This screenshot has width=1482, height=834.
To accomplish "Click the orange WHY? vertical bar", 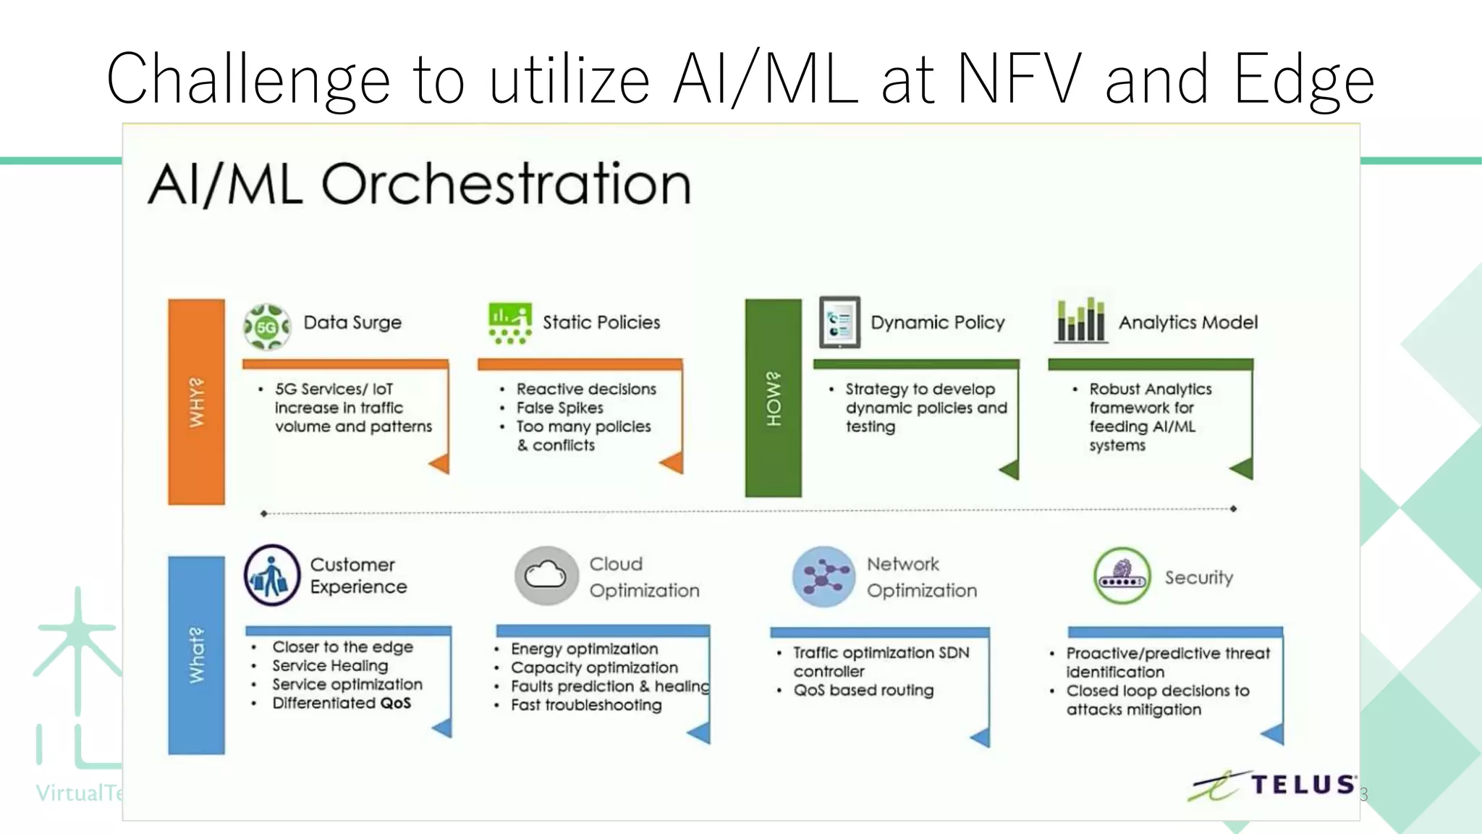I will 196,402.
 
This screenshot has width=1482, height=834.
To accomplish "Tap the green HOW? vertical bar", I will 773,398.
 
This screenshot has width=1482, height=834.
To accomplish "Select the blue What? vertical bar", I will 196,655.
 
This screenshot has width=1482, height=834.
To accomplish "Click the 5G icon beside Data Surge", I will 267,327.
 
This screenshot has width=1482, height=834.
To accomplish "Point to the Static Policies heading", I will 601,322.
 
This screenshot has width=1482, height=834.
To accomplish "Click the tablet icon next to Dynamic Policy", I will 839,322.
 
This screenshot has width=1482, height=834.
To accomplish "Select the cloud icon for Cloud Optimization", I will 546,576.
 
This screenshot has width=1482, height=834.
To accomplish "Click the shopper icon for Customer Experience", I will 271,576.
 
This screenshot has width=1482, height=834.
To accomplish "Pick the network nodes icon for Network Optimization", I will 823,576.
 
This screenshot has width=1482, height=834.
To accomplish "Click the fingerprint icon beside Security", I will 1122,576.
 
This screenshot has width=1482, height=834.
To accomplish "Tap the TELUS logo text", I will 1303,785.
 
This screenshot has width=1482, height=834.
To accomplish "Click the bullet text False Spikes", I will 559,408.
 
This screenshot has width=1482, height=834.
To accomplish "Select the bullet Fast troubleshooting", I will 586,705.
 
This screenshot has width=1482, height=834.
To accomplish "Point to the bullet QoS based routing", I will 863,690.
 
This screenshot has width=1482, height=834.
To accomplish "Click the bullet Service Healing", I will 330,665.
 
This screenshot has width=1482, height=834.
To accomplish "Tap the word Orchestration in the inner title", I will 506,184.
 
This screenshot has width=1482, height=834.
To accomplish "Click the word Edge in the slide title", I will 1303,80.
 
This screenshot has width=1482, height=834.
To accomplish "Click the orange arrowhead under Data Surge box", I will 440,464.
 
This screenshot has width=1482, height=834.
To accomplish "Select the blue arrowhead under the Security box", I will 1273,735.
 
